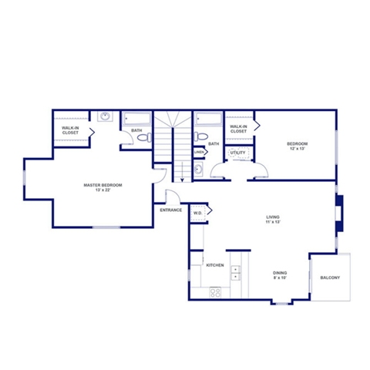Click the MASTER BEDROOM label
(103, 185)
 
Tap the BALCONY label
(329, 277)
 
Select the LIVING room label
(273, 217)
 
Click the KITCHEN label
(215, 265)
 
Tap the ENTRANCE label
(170, 210)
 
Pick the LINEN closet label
(198, 152)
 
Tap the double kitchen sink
(236, 273)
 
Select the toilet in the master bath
(145, 139)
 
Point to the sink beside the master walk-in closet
(104, 117)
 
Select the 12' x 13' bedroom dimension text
(298, 149)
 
